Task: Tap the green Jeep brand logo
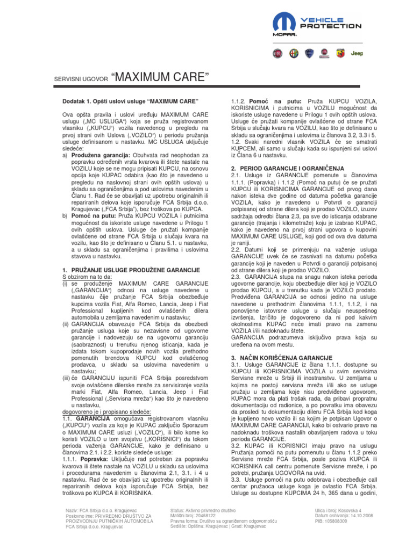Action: [357, 54]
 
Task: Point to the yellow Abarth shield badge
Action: [341, 54]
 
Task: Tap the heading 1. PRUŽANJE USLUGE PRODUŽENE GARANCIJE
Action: [131, 270]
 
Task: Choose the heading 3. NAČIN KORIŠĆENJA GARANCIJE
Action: [281, 358]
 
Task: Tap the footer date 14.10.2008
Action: [368, 515]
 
